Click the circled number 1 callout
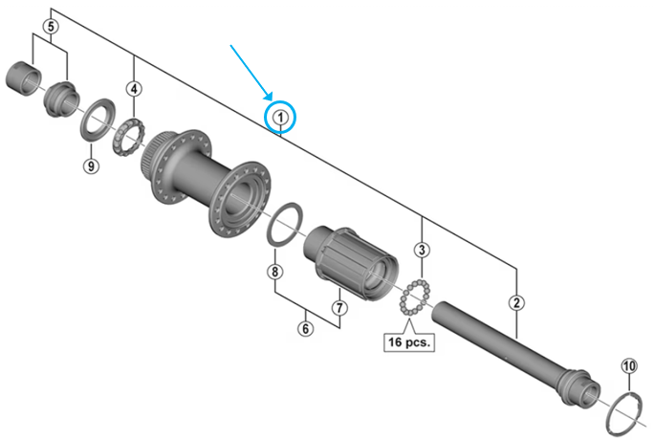click(280, 117)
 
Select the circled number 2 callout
click(517, 304)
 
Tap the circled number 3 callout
click(421, 251)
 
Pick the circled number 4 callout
click(135, 89)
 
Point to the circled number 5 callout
click(51, 26)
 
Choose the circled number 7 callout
click(338, 307)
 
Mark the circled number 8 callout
click(275, 273)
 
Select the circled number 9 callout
click(91, 166)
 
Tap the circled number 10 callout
click(628, 365)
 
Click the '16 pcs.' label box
click(407, 340)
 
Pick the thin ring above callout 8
click(287, 224)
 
